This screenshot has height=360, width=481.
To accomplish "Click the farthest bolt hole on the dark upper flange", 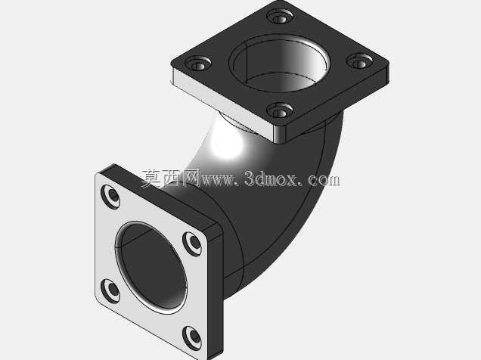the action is tap(280, 17).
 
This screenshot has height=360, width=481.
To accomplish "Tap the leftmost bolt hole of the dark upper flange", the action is tap(198, 64).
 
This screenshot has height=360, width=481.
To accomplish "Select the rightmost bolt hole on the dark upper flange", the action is tap(359, 61).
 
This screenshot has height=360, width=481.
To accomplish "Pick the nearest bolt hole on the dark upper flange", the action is tap(280, 110).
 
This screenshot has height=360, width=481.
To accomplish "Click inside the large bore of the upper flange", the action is tap(278, 64).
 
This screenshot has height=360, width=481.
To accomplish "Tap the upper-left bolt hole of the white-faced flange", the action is tap(110, 197).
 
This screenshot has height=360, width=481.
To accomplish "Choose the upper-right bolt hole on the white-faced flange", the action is tap(192, 244).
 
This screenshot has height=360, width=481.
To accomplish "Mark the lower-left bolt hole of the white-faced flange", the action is tap(110, 290).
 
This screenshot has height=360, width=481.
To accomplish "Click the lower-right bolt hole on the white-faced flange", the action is tap(192, 338).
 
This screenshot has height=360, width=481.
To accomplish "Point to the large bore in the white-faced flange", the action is tap(151, 268).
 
